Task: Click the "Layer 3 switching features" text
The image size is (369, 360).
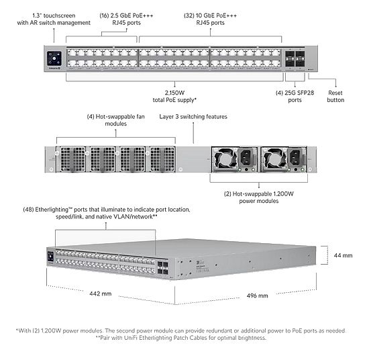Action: (193, 116)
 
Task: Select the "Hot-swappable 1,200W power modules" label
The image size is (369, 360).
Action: (258, 197)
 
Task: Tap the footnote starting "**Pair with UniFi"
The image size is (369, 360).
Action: (182, 338)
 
